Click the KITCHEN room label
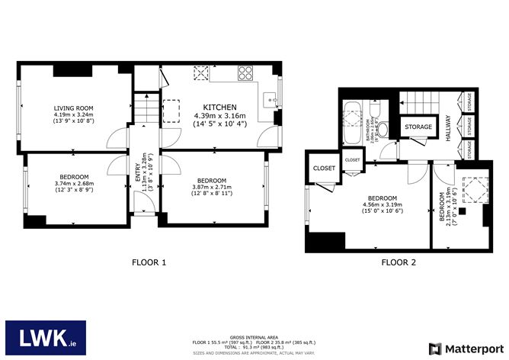pos(219,107)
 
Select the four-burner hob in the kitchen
pos(246,74)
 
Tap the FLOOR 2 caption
pos(399,262)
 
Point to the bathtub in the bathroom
pos(354,123)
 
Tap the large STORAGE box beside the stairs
pos(418,127)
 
